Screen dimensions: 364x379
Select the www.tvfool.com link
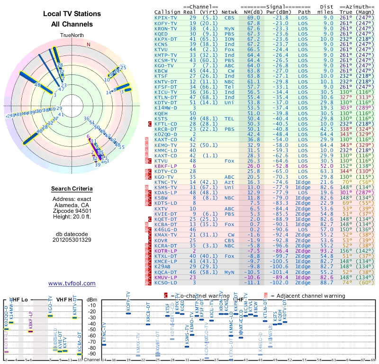click(x=72, y=283)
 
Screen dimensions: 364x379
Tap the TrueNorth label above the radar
click(x=72, y=35)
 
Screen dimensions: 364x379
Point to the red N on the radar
click(x=88, y=45)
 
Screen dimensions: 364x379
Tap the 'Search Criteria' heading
click(x=72, y=189)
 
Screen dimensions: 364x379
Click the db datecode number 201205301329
click(x=72, y=240)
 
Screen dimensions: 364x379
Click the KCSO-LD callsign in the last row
click(x=166, y=282)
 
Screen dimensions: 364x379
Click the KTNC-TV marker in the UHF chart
click(x=104, y=345)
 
